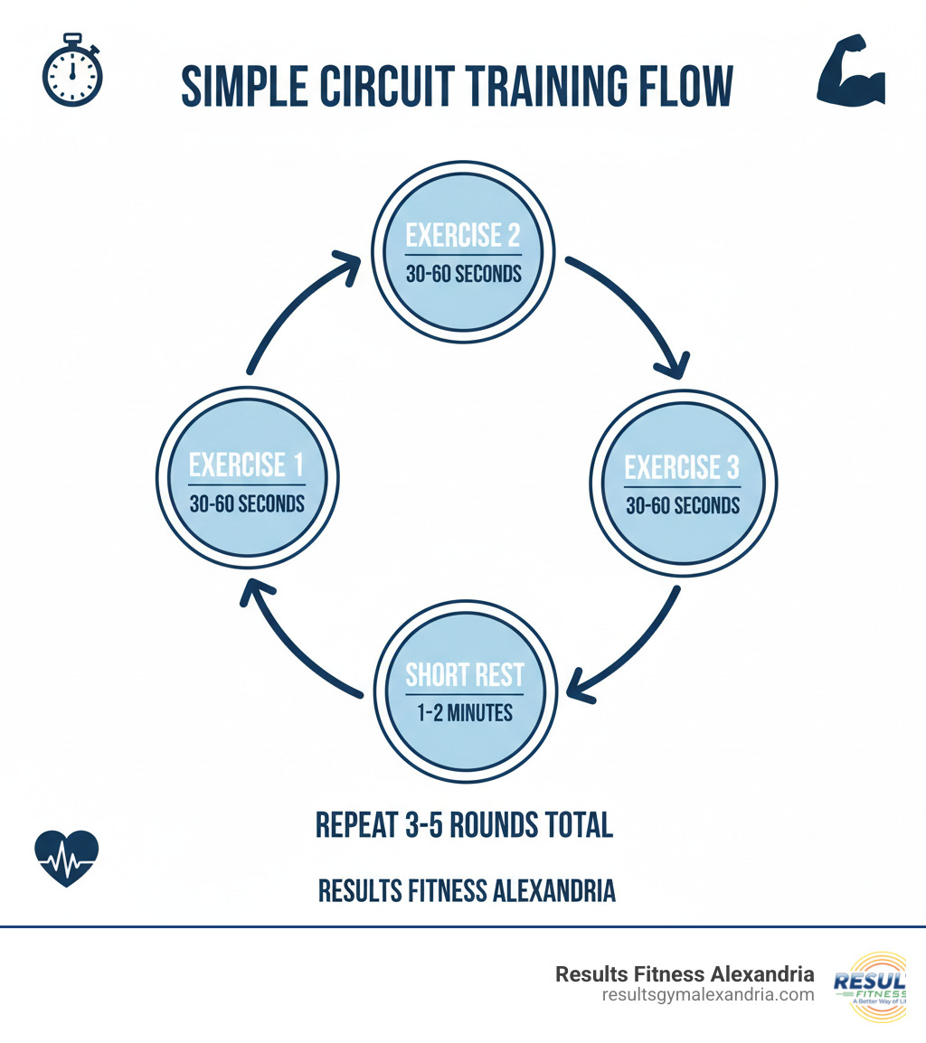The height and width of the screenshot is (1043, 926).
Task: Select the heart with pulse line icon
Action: pyautogui.click(x=66, y=859)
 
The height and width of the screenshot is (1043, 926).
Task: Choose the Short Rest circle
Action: pyautogui.click(x=464, y=691)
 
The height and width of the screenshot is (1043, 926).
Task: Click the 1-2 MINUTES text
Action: pyautogui.click(x=465, y=712)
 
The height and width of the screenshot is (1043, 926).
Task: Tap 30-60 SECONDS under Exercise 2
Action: pyautogui.click(x=464, y=273)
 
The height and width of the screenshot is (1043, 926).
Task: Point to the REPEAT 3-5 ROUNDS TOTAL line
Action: pyautogui.click(x=464, y=824)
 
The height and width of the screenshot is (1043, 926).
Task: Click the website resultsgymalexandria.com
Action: pyautogui.click(x=708, y=995)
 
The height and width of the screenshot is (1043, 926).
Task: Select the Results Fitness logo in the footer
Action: pyautogui.click(x=873, y=986)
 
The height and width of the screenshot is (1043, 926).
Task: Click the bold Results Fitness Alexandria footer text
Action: pyautogui.click(x=685, y=974)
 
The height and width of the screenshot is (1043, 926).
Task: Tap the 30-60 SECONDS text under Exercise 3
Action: pyautogui.click(x=683, y=504)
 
